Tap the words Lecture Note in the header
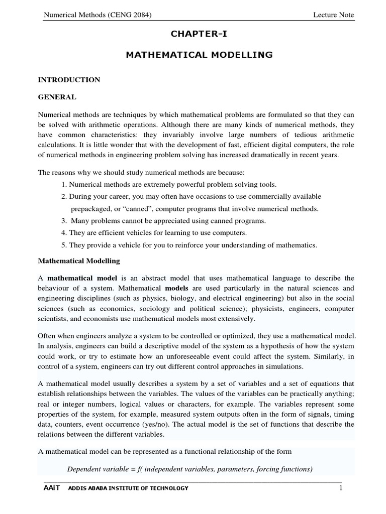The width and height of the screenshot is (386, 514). [x=333, y=15]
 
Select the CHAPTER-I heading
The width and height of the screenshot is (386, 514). [x=199, y=34]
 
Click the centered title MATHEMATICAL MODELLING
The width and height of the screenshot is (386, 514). [x=199, y=55]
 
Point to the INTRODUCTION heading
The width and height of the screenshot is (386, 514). [x=69, y=80]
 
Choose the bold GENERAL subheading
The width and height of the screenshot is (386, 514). [x=57, y=97]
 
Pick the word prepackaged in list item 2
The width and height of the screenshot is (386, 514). [x=91, y=208]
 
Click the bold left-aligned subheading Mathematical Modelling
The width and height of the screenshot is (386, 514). [x=79, y=261]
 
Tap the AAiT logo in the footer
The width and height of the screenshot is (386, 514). [x=51, y=488]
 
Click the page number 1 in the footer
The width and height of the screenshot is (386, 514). [x=340, y=488]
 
